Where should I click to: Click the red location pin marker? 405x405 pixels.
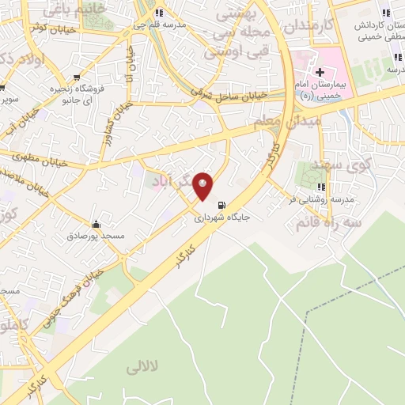(203, 185)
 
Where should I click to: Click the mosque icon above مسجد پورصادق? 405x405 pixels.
(97, 223)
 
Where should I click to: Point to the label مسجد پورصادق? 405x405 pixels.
(97, 236)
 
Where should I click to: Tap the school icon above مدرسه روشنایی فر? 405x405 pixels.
(321, 187)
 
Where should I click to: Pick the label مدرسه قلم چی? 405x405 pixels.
(159, 25)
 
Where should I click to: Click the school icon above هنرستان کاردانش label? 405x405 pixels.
(386, 13)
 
